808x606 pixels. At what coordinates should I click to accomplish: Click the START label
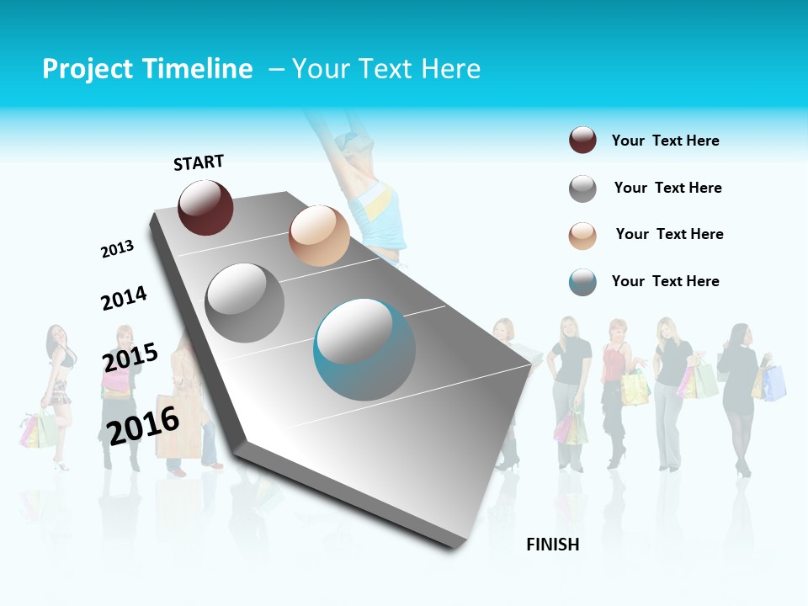coord(199,162)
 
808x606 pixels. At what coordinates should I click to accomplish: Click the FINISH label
coord(553,545)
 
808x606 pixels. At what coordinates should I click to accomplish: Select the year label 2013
coord(117,249)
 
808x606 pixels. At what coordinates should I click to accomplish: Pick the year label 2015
coord(130,358)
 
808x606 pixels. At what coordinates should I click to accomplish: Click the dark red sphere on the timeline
coord(205,207)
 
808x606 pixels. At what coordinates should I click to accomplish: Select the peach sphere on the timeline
coord(319,236)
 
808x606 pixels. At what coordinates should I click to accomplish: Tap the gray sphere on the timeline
coord(245,302)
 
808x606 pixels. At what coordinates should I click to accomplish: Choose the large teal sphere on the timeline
coord(364,349)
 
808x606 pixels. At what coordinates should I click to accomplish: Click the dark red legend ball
coord(582,141)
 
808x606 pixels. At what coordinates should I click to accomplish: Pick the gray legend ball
coord(582,189)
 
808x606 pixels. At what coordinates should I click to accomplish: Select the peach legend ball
coord(582,235)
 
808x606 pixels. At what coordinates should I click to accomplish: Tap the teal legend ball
coord(582,282)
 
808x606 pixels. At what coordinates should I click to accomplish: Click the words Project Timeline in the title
coord(147,69)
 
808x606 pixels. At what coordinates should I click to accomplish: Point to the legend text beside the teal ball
coord(665,281)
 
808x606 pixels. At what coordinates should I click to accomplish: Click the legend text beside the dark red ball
coord(665,141)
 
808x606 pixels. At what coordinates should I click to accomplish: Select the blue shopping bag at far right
coord(774,383)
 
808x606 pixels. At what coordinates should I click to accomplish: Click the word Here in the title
coord(450,69)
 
